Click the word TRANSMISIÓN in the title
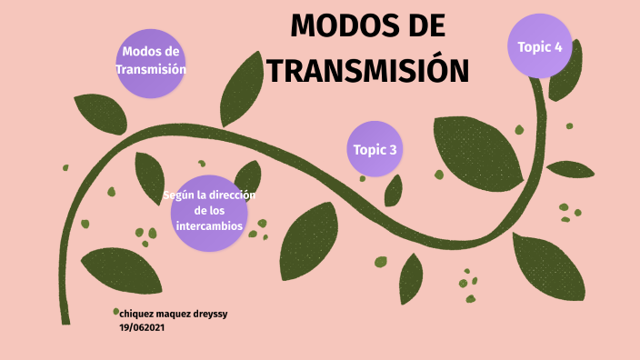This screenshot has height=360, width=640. point(367,71)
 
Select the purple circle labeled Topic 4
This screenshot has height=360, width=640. point(540,45)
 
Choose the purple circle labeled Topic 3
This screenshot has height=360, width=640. point(375,150)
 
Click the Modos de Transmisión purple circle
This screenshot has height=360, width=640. point(150,61)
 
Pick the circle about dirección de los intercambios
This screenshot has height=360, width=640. point(209,213)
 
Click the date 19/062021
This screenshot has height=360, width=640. point(142,327)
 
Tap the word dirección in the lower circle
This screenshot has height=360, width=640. point(232,195)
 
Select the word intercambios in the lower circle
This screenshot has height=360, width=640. point(209,225)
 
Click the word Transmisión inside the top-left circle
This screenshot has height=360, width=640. point(150,69)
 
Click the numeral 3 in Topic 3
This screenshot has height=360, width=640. point(393,150)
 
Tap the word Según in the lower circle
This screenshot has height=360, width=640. point(179,195)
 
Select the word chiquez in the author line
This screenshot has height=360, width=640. point(138,313)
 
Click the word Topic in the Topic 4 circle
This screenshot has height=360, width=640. point(533,45)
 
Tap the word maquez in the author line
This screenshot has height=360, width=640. point(178,313)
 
